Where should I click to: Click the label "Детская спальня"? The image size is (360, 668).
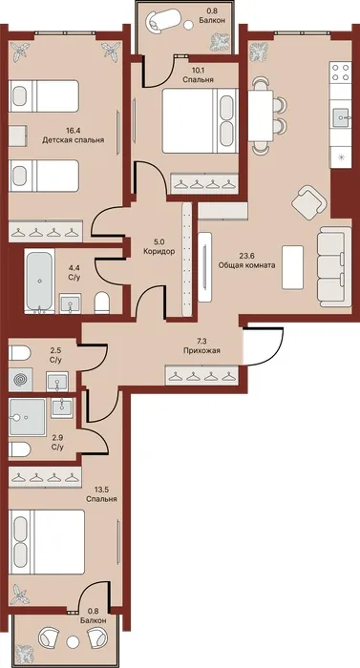pyautogui.click(x=73, y=139)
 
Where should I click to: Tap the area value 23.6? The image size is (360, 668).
pyautogui.click(x=246, y=257)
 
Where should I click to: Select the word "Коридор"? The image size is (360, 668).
pyautogui.click(x=159, y=251)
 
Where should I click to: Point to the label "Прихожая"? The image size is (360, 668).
pyautogui.click(x=201, y=351)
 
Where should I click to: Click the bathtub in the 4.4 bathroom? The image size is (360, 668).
pyautogui.click(x=39, y=282)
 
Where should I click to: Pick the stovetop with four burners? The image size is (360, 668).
pyautogui.click(x=340, y=72)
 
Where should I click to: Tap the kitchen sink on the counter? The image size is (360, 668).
pyautogui.click(x=342, y=115)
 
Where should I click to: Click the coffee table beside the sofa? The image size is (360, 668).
pyautogui.click(x=292, y=267)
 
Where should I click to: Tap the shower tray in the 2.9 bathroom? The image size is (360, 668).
pyautogui.click(x=27, y=417)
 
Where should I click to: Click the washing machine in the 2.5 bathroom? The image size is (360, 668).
pyautogui.click(x=20, y=379)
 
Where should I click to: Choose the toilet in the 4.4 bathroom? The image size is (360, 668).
pyautogui.click(x=102, y=302)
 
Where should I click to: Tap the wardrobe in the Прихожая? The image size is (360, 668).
pyautogui.click(x=201, y=376)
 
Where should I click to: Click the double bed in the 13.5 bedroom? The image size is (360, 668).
pyautogui.click(x=47, y=541)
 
